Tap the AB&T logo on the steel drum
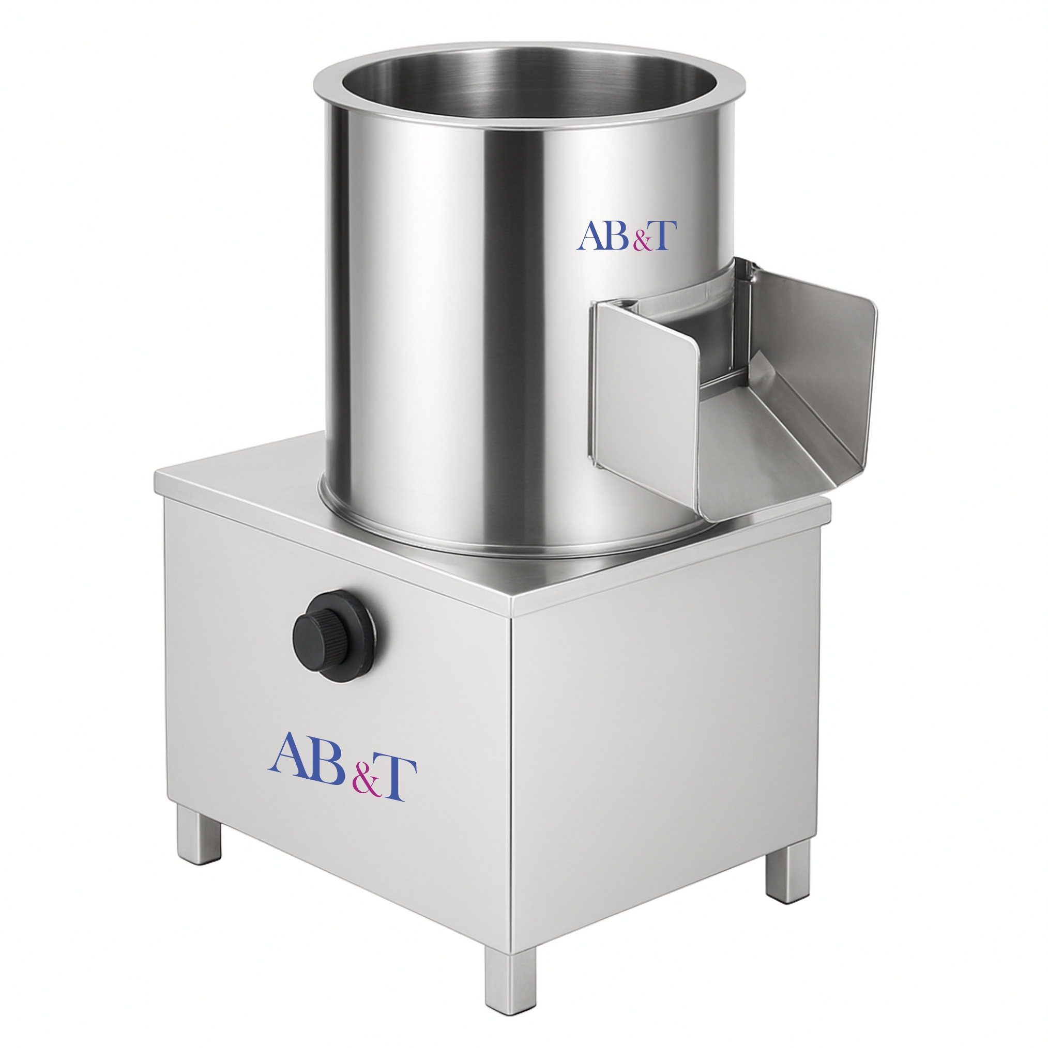click(x=627, y=236)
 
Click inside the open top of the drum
click(x=529, y=87)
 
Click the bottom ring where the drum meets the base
click(x=489, y=534)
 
